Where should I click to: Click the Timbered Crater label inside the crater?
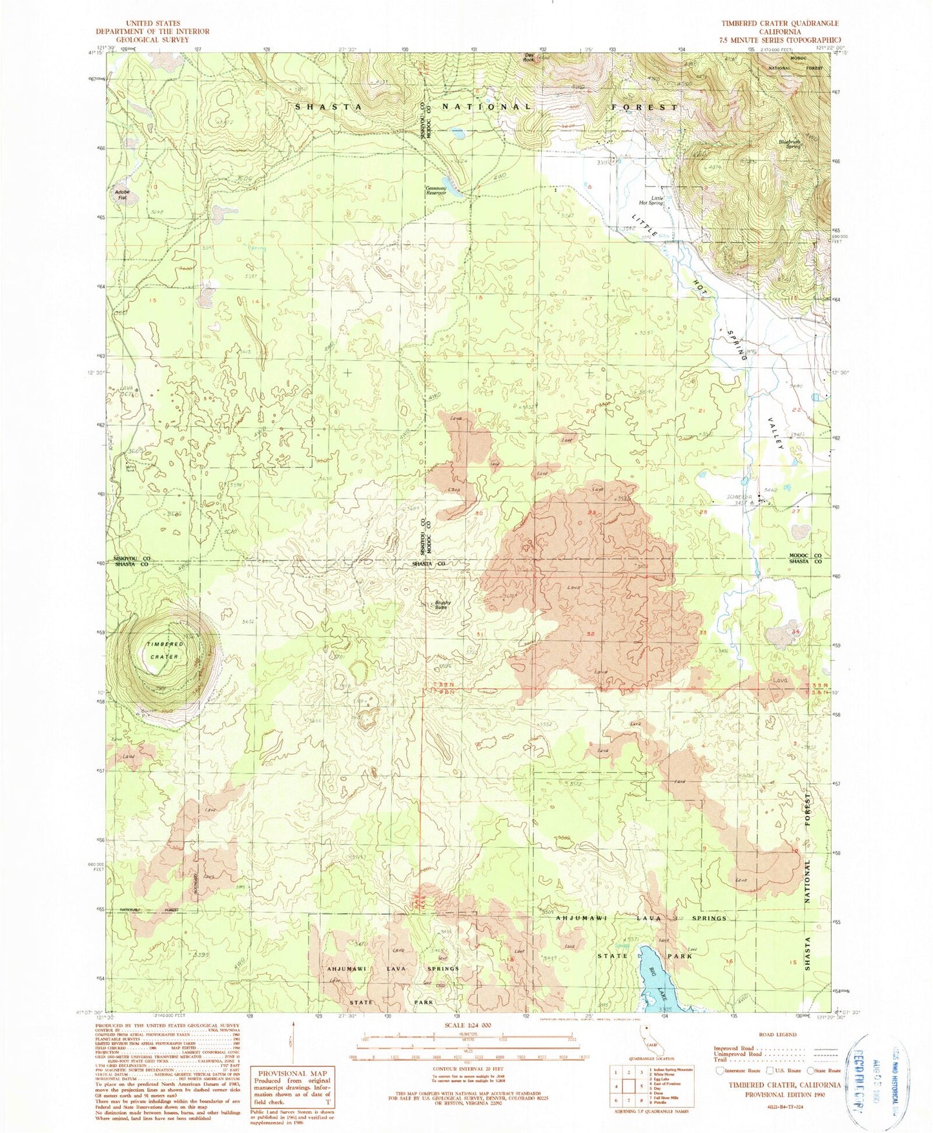click(164, 651)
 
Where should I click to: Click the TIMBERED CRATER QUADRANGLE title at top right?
click(780, 23)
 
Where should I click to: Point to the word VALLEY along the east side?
click(777, 434)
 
